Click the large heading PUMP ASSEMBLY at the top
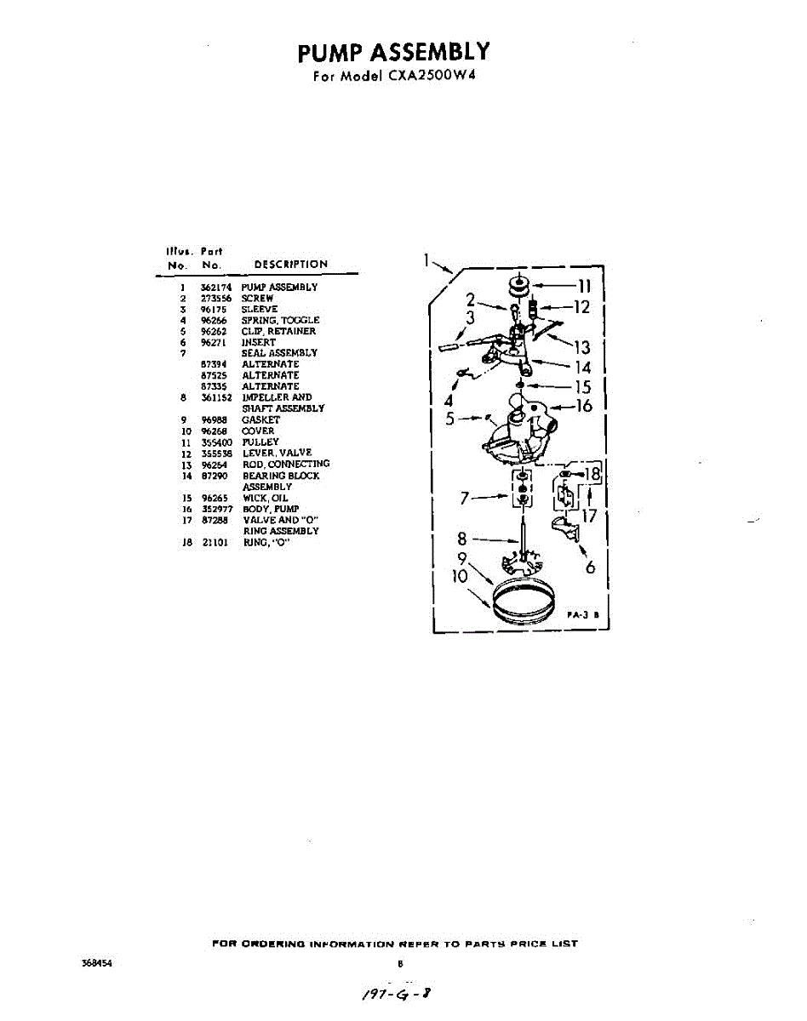393,53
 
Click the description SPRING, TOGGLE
280,320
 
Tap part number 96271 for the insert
212,342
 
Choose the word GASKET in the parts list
260,419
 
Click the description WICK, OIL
266,498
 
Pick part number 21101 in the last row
215,542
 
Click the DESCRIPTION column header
290,265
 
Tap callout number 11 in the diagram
584,287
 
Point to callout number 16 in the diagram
584,406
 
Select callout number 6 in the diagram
590,567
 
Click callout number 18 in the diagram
592,474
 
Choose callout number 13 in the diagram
582,346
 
